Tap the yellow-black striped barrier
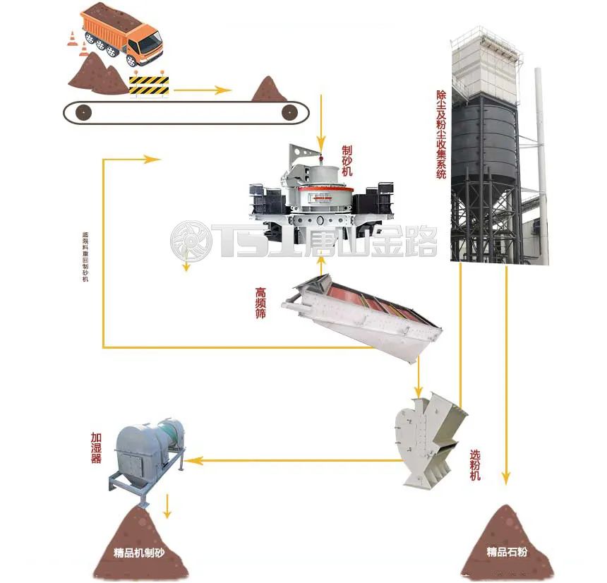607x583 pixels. point(150,85)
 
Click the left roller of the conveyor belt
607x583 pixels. point(84,112)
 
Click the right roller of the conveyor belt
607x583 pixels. point(289,112)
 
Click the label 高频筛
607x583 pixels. point(262,301)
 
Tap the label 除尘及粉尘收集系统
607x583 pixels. point(442,133)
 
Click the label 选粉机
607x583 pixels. point(475,466)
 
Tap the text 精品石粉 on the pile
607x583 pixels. point(505,551)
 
